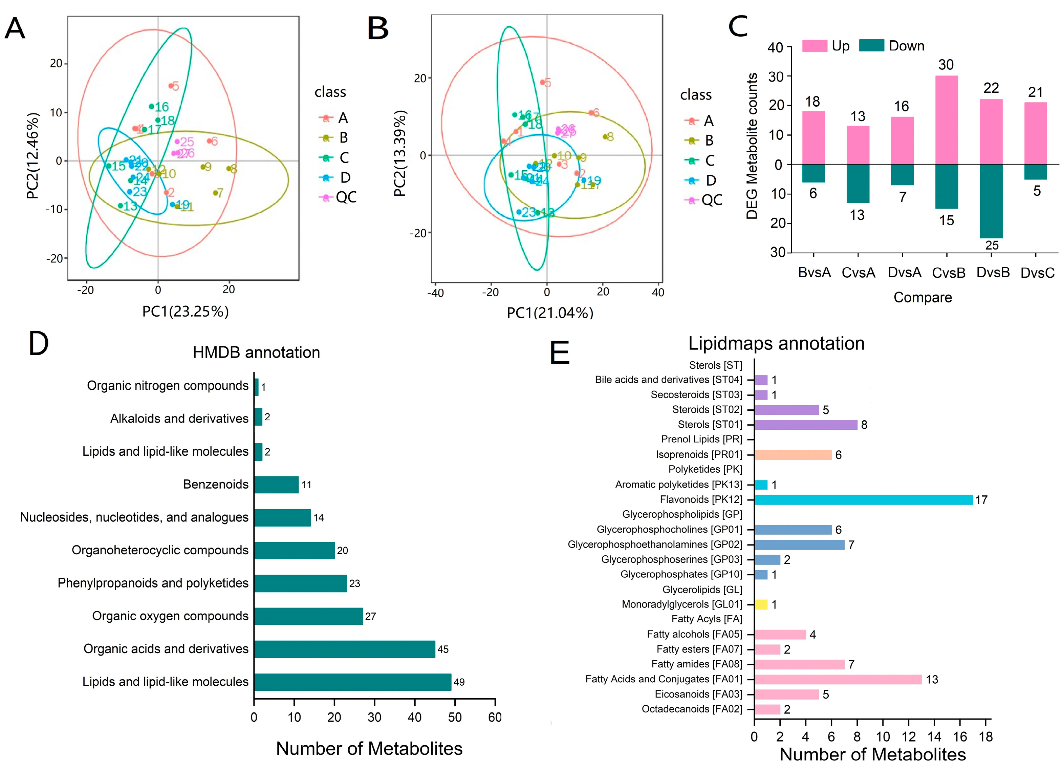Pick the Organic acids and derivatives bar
click(x=345, y=649)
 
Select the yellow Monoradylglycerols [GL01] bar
click(x=761, y=604)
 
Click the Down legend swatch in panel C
click(x=871, y=45)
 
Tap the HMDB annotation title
click(x=256, y=352)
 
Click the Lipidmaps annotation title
click(x=776, y=343)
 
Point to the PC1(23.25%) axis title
click(x=186, y=312)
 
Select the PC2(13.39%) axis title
click(x=400, y=153)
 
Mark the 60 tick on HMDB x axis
click(x=495, y=717)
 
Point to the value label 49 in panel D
click(x=459, y=682)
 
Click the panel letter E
click(x=559, y=352)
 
